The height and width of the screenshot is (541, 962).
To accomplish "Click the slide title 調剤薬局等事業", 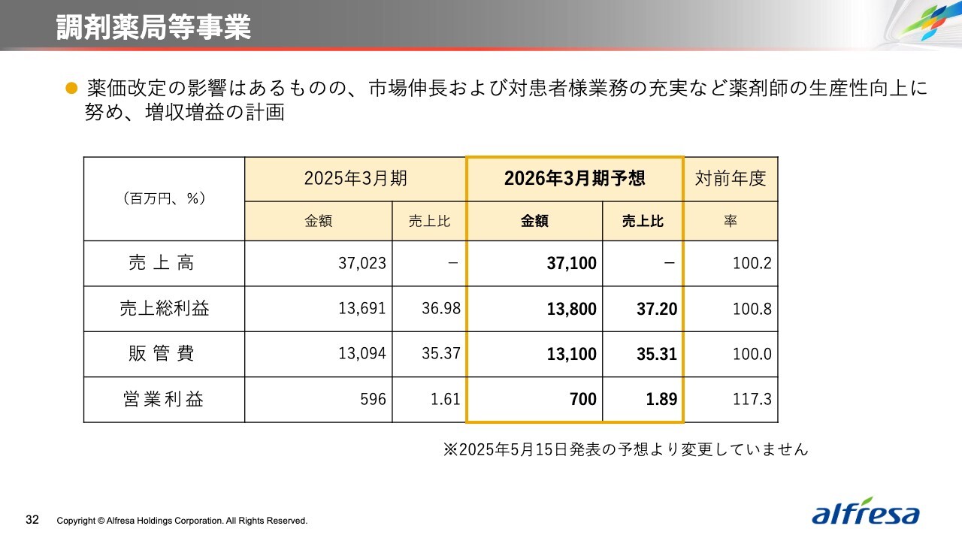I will [153, 27].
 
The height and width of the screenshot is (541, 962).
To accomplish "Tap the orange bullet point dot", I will [72, 89].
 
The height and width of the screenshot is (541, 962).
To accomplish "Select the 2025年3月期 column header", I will [355, 179].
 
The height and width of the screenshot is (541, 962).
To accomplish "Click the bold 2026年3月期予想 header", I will [574, 179].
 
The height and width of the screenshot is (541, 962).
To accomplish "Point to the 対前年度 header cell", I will [730, 179].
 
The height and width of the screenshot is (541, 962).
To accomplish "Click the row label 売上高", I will [163, 263].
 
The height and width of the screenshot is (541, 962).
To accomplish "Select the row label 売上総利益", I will [163, 309].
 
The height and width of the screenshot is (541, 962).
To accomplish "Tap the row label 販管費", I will [163, 354].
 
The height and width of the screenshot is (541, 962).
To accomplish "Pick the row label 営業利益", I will [163, 399].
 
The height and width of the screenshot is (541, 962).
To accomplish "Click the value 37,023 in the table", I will [362, 264].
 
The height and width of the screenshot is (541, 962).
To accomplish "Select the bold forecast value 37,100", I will [572, 264].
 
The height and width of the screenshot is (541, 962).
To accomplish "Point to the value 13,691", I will [362, 309].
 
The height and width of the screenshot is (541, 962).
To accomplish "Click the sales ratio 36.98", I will [440, 309].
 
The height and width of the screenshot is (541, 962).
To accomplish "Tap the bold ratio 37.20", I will [657, 309].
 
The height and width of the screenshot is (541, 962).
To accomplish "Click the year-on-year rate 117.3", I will [752, 400].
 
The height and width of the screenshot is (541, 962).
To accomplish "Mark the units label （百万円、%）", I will [163, 199].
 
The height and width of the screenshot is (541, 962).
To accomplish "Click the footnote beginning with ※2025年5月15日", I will [625, 449].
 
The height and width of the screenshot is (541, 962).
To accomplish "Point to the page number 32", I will [32, 520].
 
